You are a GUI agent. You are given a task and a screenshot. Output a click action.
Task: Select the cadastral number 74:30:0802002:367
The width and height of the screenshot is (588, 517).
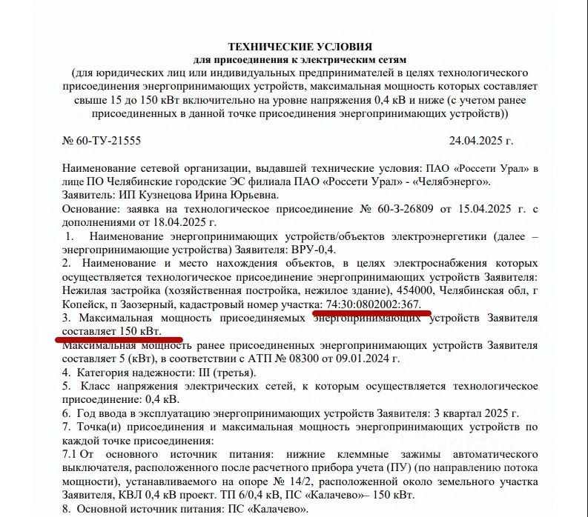click(373, 305)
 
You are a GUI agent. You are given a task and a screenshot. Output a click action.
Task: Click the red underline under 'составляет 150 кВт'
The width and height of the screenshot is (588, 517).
click(119, 339)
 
